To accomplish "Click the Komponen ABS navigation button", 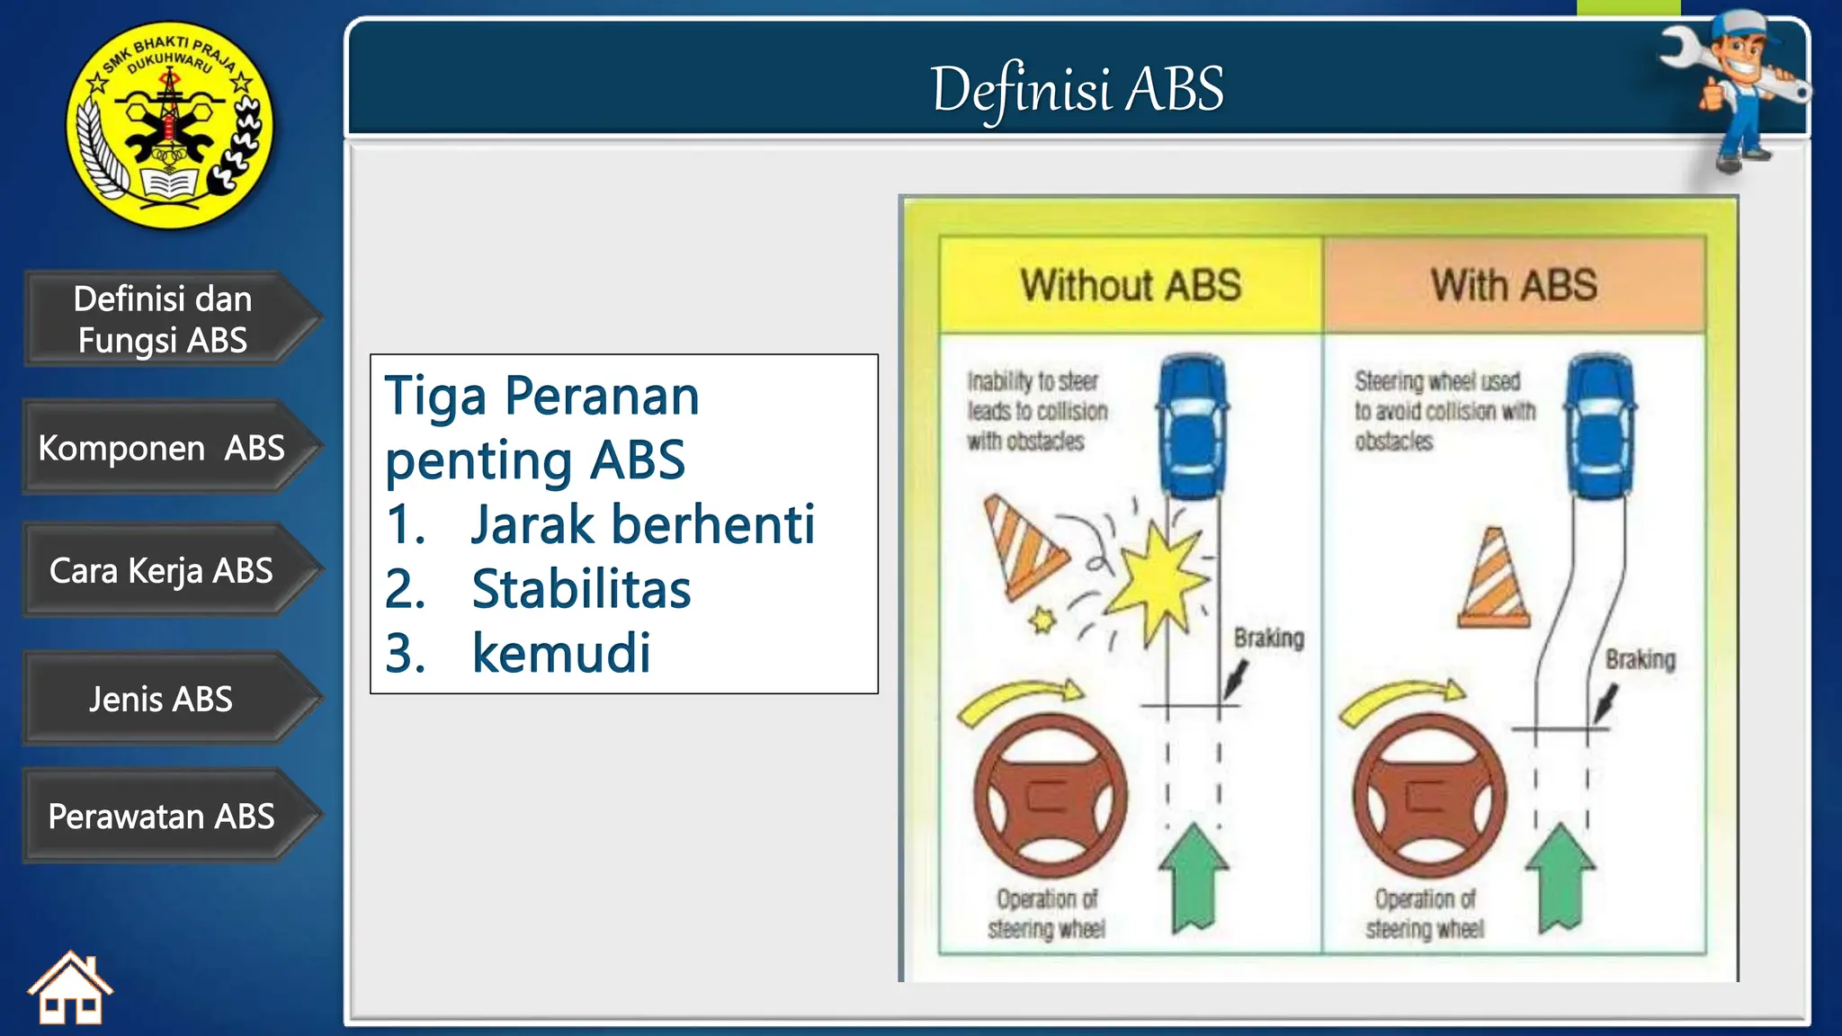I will (x=162, y=448).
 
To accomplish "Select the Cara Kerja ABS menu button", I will (x=162, y=571).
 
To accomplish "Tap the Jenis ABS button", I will (x=162, y=699).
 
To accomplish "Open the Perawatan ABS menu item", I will (x=162, y=817).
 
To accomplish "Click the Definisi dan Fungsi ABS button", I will (x=162, y=319).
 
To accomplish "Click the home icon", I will (x=70, y=989).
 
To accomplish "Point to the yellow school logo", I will (x=170, y=124).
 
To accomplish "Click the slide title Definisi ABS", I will (x=1077, y=90).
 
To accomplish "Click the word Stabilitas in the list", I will (x=581, y=589).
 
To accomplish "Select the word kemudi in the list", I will (x=561, y=653).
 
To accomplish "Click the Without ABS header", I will (x=1131, y=285).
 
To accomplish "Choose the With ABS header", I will (x=1514, y=285).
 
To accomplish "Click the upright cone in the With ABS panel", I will (x=1494, y=580).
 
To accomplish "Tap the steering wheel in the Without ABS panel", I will (x=1050, y=796).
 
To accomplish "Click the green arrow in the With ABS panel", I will (x=1560, y=877).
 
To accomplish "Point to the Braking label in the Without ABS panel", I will (x=1268, y=639).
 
